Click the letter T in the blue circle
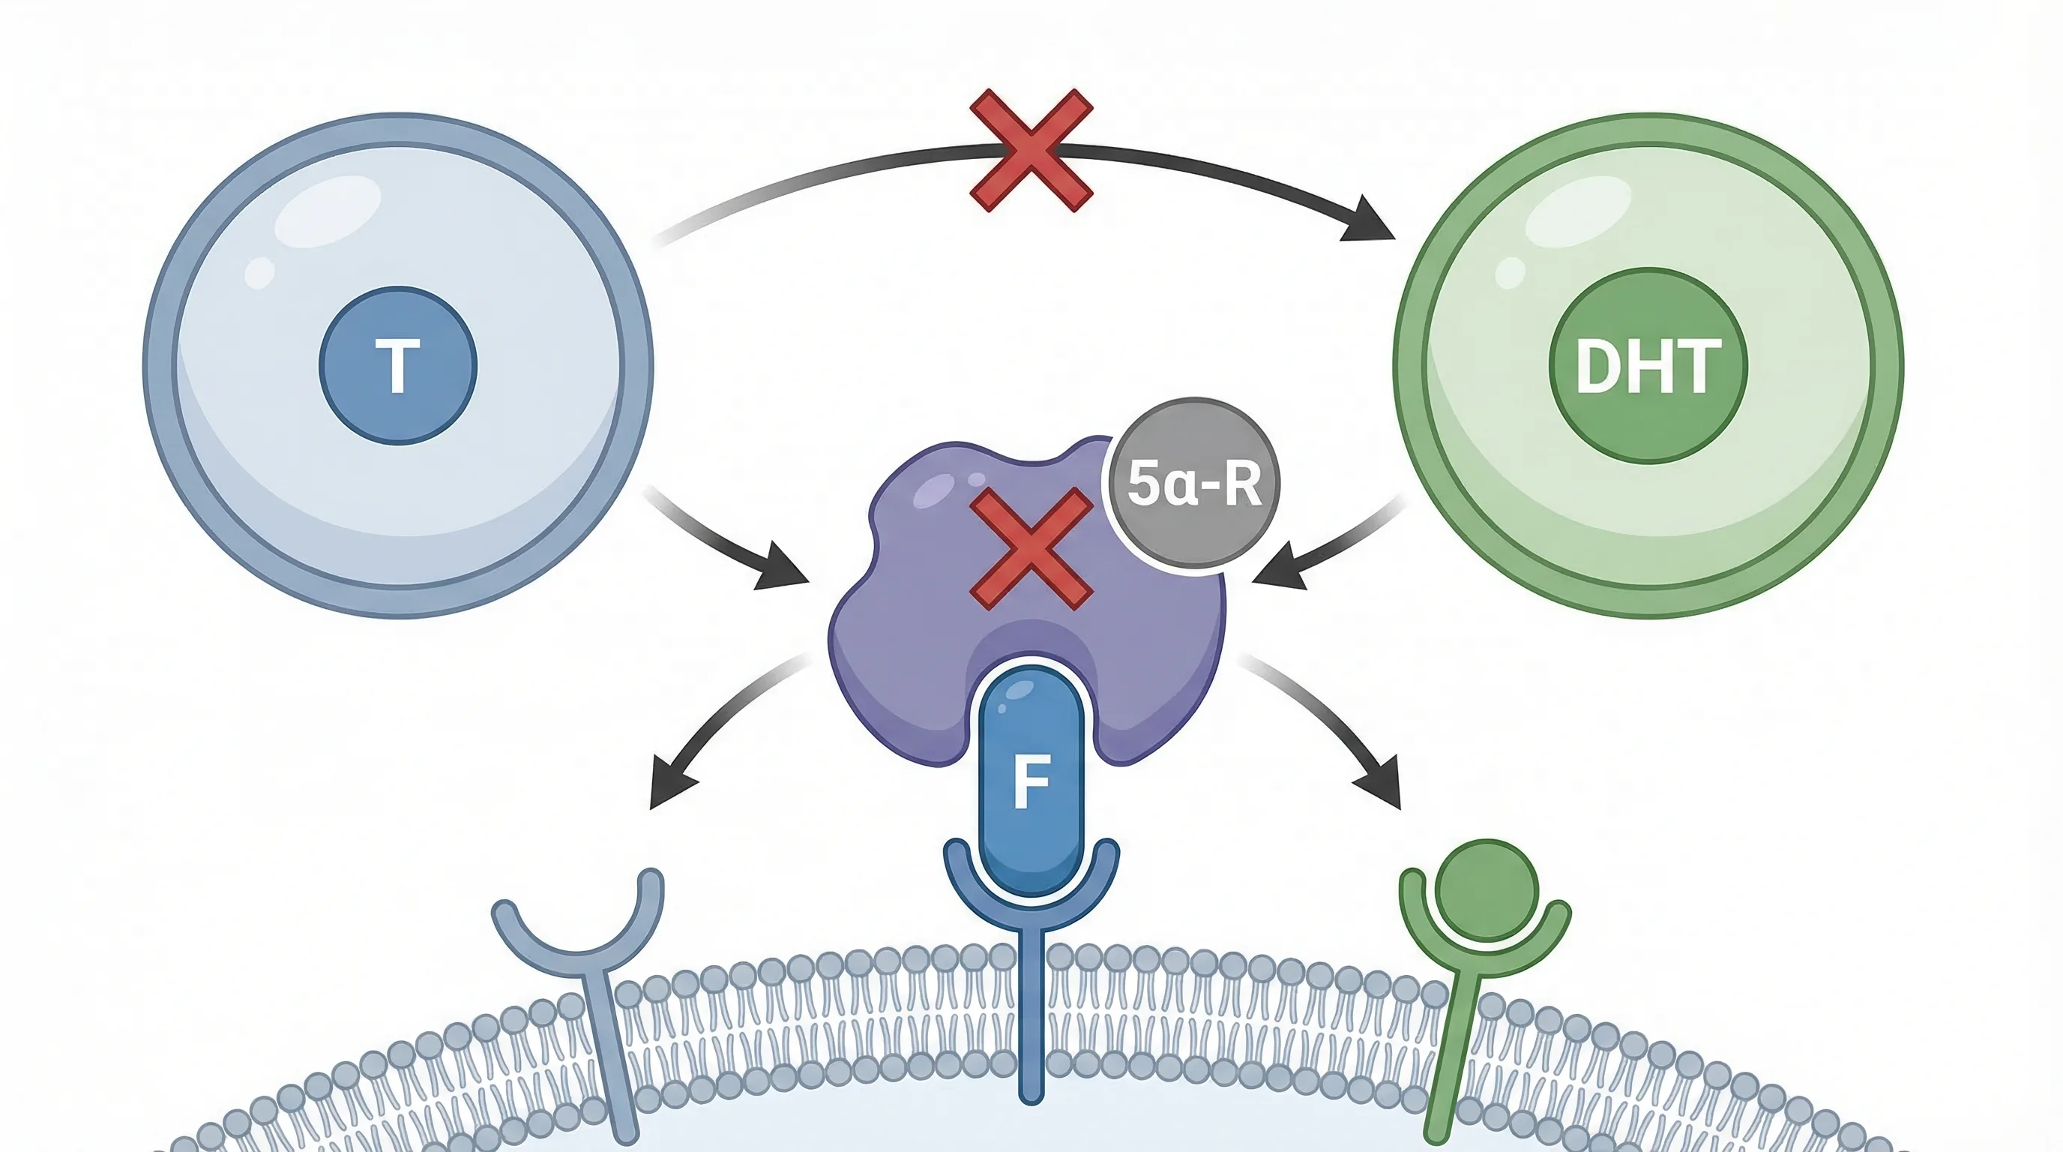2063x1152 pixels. (x=398, y=366)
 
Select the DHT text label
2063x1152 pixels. (x=1648, y=366)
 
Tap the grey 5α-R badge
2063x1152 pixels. (x=1193, y=484)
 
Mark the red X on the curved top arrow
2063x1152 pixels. (x=1031, y=151)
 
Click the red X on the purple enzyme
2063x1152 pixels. (x=1031, y=550)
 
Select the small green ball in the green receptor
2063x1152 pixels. (x=1487, y=890)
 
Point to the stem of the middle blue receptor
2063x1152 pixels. (x=1031, y=1018)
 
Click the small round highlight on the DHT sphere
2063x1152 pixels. (x=1510, y=272)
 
